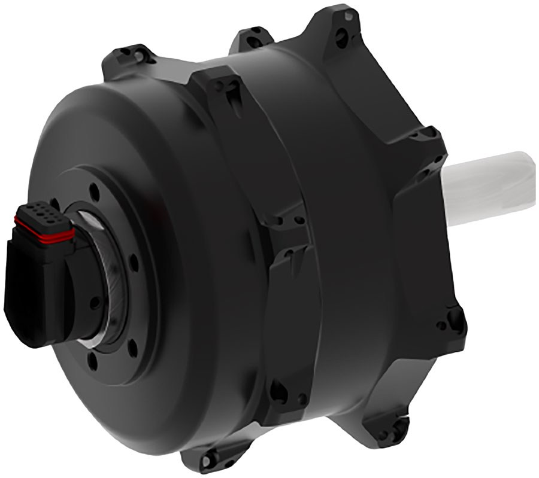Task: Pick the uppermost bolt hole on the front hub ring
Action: click(94, 193)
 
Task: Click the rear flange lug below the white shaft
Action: click(452, 320)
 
